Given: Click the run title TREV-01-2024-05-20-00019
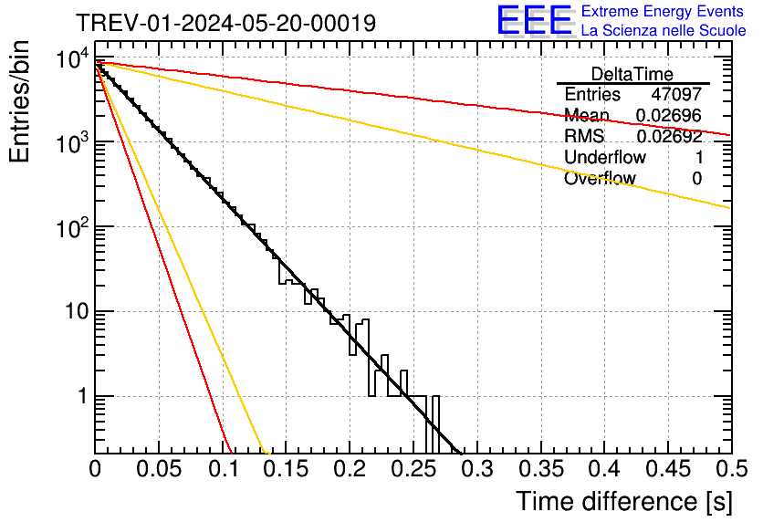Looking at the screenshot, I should (225, 24).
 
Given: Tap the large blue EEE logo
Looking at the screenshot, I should (534, 21).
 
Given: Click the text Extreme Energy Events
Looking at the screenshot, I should (664, 12).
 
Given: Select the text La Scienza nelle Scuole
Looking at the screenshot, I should (664, 31).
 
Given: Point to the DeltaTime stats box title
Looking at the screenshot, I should (632, 74).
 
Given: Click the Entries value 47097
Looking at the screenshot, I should (676, 95).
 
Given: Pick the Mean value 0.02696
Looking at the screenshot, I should (668, 116).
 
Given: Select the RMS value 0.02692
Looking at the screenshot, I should (668, 137).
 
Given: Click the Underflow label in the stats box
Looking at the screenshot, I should (602, 158).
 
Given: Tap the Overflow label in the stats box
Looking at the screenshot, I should (599, 179).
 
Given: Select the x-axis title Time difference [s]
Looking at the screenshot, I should (622, 501).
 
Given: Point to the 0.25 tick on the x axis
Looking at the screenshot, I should (413, 470).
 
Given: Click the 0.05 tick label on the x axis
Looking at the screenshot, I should (159, 470).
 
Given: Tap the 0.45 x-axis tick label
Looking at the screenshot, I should (667, 470).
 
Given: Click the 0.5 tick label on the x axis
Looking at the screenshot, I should (728, 470).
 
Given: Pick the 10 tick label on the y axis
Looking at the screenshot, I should (72, 312).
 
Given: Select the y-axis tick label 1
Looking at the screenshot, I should (81, 397).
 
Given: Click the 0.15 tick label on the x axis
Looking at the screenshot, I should (286, 470).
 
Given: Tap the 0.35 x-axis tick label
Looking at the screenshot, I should (540, 470).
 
